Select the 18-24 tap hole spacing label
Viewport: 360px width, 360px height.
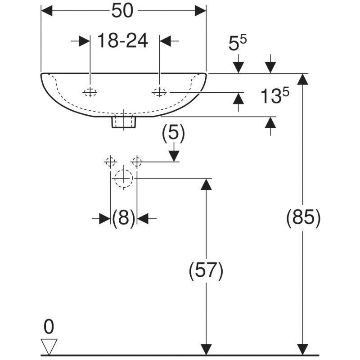click(x=123, y=41)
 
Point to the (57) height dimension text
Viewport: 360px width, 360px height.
click(x=206, y=271)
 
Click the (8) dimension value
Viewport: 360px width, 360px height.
click(x=124, y=219)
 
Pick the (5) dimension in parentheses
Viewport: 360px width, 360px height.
click(x=173, y=133)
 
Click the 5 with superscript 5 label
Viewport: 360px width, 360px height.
click(x=238, y=44)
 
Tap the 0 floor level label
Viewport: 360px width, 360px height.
click(x=49, y=326)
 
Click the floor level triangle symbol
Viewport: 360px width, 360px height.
click(x=49, y=346)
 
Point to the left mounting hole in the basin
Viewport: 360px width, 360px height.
click(x=90, y=93)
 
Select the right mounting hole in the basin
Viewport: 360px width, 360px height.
click(x=159, y=93)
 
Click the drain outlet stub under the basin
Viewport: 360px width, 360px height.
click(x=123, y=121)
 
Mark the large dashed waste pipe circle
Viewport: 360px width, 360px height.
click(x=123, y=178)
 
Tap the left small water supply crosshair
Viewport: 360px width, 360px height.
click(x=110, y=161)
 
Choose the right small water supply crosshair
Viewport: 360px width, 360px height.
click(x=137, y=161)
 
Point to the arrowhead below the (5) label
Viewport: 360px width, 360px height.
click(x=174, y=155)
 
